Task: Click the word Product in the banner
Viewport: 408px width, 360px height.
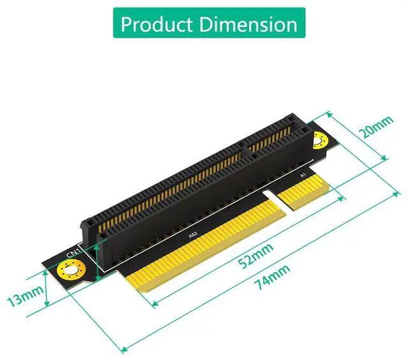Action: coord(156,24)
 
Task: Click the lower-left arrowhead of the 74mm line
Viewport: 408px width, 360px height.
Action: coord(122,349)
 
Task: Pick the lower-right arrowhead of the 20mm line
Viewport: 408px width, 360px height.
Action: coord(384,159)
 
